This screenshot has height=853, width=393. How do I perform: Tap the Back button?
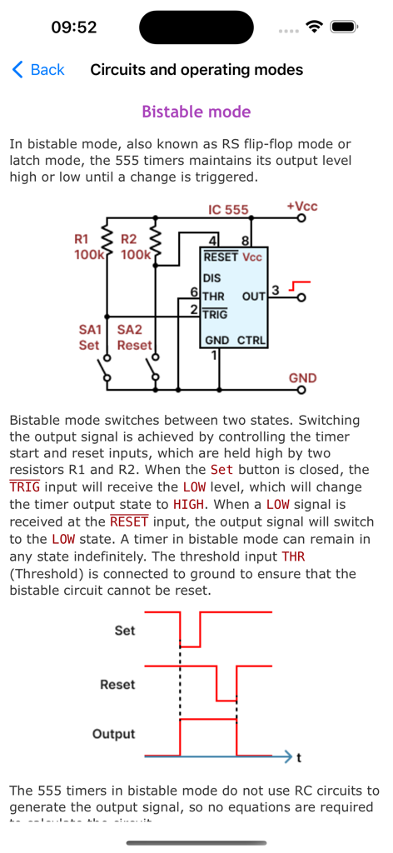(x=38, y=70)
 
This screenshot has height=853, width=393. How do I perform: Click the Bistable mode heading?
(x=196, y=112)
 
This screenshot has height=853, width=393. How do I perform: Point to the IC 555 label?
(x=228, y=209)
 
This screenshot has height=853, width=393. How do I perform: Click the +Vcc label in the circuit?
(x=301, y=206)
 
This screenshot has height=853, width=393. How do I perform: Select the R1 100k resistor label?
(x=87, y=247)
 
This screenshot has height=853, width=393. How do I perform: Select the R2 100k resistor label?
(x=133, y=247)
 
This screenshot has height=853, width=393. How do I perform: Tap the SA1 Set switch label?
(x=89, y=337)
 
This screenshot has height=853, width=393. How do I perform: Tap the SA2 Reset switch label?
(x=134, y=337)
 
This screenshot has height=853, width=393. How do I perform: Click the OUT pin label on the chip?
(x=253, y=297)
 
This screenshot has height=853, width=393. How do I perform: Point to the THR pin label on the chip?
(x=214, y=297)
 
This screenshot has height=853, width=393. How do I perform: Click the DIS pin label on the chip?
(x=211, y=278)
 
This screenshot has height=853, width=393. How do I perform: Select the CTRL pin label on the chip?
(x=251, y=341)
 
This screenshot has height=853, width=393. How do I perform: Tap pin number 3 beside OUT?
(x=275, y=292)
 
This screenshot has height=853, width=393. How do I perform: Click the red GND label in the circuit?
(x=302, y=378)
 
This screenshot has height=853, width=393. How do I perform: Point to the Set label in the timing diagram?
(x=124, y=631)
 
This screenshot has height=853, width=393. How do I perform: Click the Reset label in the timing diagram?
(x=117, y=684)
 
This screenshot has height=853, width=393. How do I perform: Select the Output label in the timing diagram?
(x=114, y=734)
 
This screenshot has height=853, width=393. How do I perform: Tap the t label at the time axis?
(x=298, y=758)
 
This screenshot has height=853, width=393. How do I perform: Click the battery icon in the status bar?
(x=344, y=27)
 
